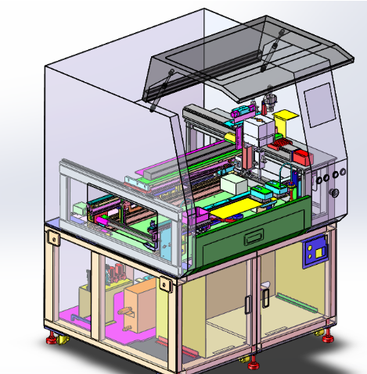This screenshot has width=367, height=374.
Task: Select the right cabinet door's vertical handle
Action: click(266, 296)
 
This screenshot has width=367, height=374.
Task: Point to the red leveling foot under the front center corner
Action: click(252, 363)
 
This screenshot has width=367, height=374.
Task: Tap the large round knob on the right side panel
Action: click(336, 193)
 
